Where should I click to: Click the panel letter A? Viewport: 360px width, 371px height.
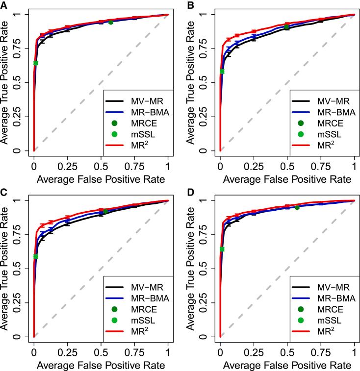click(4, 4)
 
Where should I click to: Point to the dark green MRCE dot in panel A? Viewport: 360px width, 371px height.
click(111, 22)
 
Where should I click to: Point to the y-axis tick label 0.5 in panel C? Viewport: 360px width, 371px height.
click(17, 269)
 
